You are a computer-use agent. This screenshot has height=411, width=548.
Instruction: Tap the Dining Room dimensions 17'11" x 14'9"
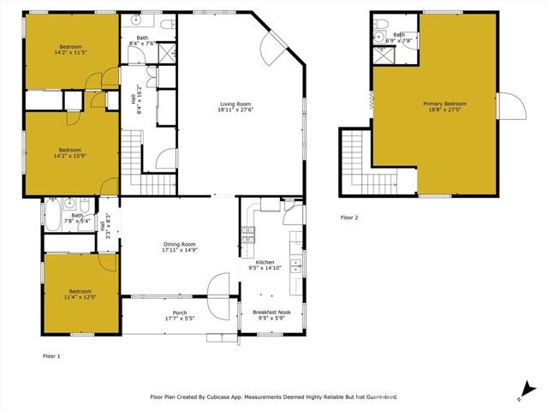[x=180, y=250]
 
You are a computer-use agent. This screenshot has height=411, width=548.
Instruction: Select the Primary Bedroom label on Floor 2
[x=444, y=104]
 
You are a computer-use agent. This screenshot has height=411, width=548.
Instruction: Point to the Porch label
[x=180, y=313]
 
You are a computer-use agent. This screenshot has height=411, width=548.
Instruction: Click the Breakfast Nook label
[x=271, y=312]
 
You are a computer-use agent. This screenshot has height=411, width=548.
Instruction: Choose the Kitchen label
[x=265, y=262]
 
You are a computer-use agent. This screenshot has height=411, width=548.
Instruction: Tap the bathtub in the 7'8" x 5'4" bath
[x=53, y=214]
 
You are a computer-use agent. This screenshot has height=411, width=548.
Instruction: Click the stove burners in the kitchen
[x=248, y=232]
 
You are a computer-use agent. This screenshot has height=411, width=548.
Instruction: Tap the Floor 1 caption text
[x=51, y=354]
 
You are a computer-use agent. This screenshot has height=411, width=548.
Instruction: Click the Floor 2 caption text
[x=349, y=217]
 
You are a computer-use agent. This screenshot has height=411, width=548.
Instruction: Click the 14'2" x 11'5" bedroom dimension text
[x=70, y=52]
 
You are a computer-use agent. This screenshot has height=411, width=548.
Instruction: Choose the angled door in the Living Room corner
[x=277, y=51]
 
